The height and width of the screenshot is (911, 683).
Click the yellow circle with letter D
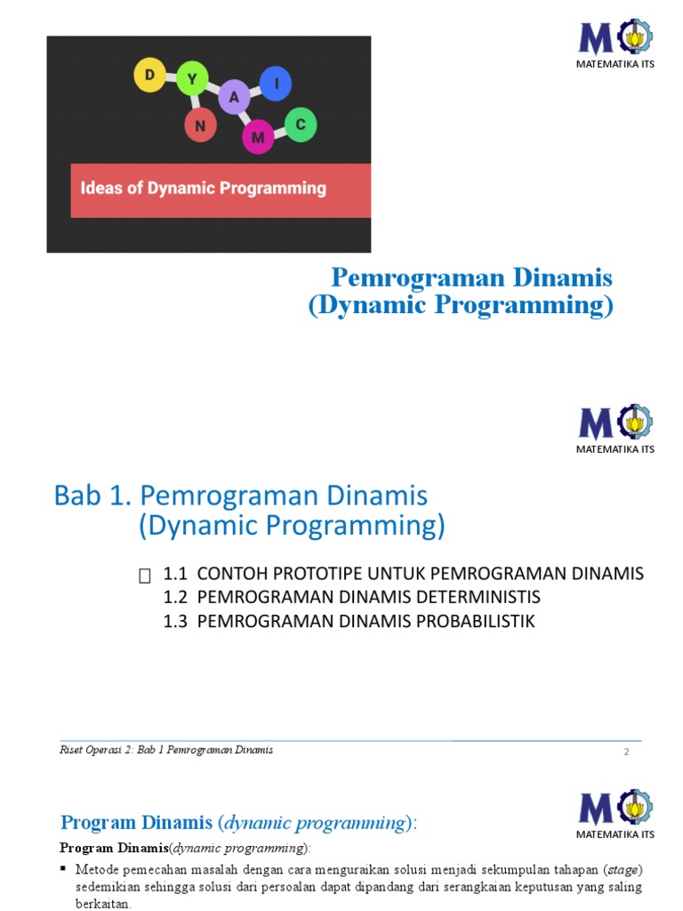(149, 76)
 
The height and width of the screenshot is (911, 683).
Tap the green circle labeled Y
(191, 80)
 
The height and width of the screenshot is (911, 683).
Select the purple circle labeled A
(234, 98)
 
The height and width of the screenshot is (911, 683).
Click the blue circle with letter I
(276, 84)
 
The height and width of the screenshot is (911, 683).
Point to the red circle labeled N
(200, 125)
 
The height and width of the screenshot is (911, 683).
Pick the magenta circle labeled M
(258, 137)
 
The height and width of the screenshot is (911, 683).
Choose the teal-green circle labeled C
(301, 125)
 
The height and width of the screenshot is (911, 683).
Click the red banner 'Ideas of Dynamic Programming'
(221, 189)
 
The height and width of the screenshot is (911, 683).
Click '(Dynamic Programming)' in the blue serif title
(461, 305)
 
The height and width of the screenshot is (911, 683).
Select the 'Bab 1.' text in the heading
(93, 496)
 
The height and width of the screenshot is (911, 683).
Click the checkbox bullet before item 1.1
(145, 577)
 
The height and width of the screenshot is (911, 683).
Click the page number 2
(626, 752)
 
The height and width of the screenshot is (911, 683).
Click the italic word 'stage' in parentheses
(622, 868)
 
